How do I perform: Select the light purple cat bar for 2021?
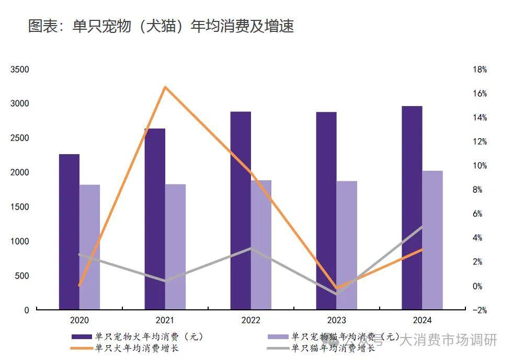175,247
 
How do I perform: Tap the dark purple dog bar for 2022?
241,210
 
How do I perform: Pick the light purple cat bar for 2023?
347,245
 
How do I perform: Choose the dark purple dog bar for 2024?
412,207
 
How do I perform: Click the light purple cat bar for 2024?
432,240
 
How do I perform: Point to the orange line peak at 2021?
165,87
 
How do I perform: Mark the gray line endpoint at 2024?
422,227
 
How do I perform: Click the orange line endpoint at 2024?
422,249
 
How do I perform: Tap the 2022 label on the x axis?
250,320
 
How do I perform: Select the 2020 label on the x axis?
79,320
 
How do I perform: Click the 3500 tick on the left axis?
20,69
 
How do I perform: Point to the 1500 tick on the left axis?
20,207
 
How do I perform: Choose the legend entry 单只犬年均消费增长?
136,348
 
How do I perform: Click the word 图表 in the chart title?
42,26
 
